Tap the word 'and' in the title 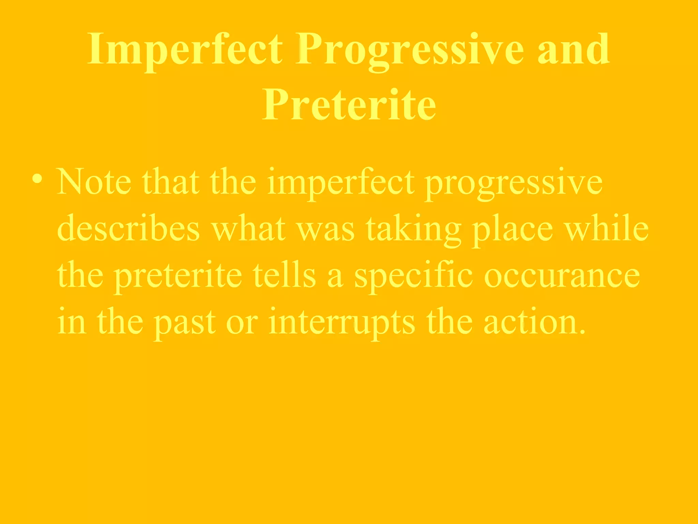573,49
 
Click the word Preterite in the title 349,104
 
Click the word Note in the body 94,182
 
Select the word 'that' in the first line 170,182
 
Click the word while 607,229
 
